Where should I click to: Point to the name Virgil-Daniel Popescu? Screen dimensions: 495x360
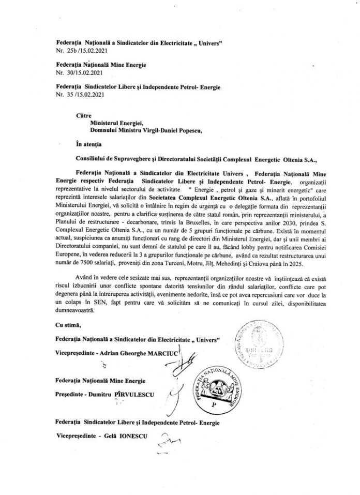(x=170, y=130)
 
